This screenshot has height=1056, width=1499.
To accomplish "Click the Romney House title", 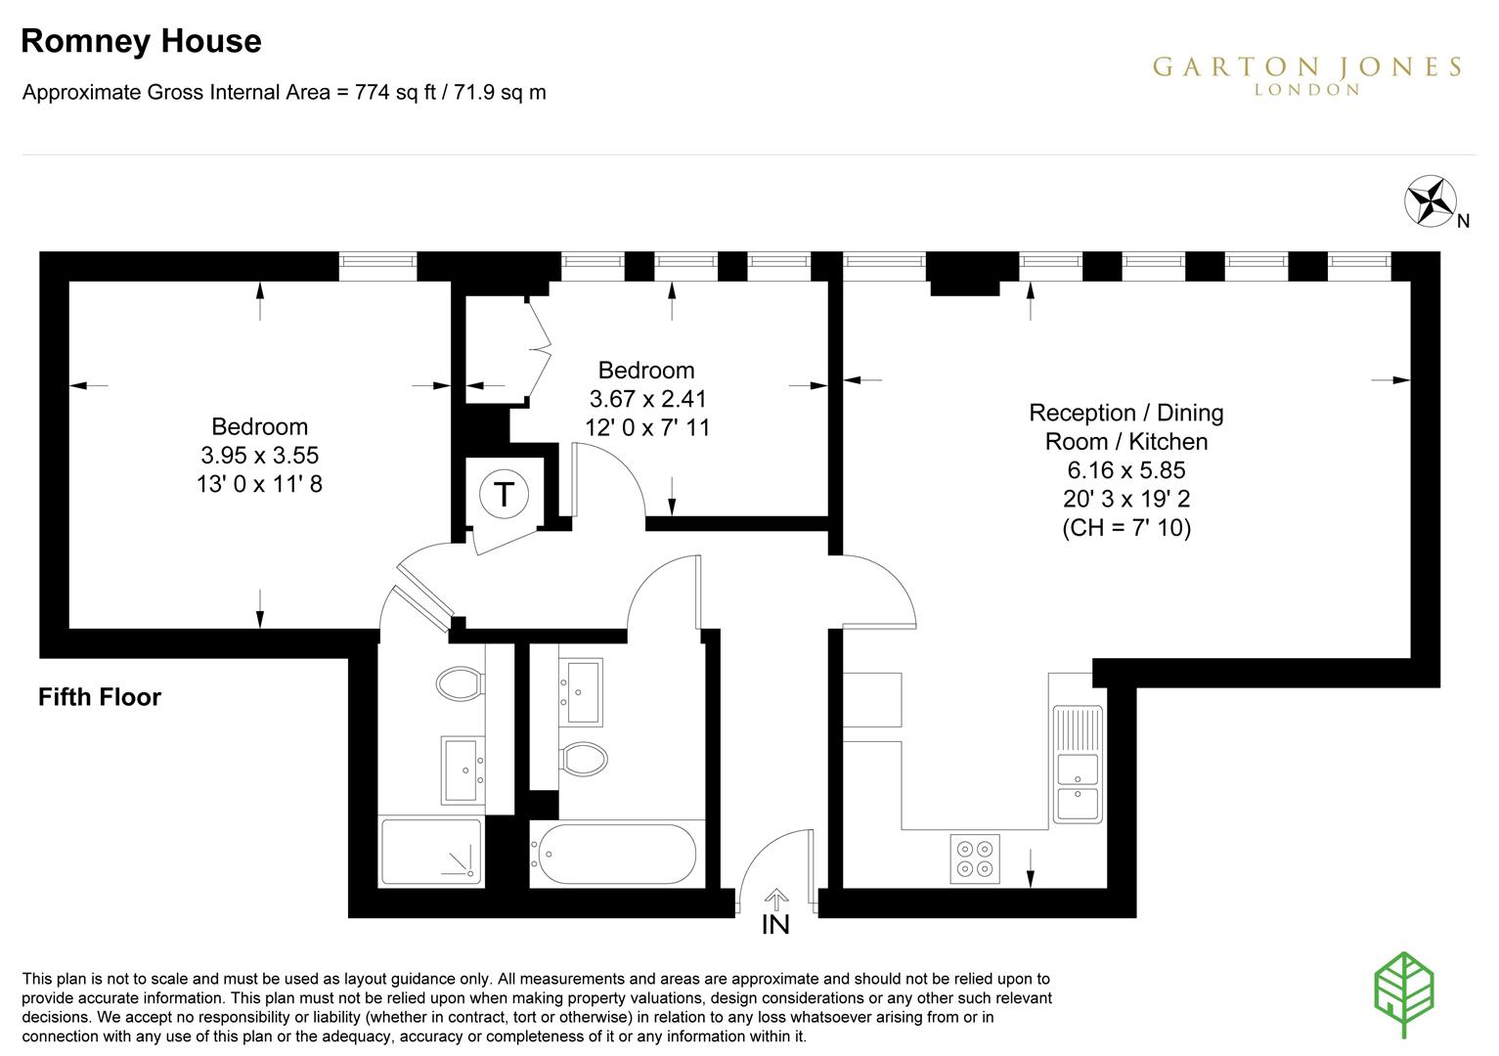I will (x=141, y=41).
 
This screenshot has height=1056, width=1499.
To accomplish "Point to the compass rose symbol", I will (x=1427, y=199).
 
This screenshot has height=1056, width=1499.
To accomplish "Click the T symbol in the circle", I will (x=504, y=494).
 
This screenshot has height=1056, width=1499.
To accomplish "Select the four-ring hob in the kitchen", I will (x=975, y=858).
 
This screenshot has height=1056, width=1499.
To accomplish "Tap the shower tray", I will (x=431, y=852).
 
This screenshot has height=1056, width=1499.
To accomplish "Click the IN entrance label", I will (x=775, y=924).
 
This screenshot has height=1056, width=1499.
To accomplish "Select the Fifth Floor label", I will (x=100, y=697).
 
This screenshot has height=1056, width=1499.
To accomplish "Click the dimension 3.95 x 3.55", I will (x=260, y=455).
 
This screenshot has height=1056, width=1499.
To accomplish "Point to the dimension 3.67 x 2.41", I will (x=647, y=399).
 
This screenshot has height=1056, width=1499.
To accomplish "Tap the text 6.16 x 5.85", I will (x=1126, y=470).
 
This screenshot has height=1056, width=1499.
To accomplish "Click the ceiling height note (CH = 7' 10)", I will (x=1126, y=528).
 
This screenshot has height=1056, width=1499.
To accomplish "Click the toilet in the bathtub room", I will (x=583, y=756).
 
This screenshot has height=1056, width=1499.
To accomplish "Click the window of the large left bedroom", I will (x=377, y=261).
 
